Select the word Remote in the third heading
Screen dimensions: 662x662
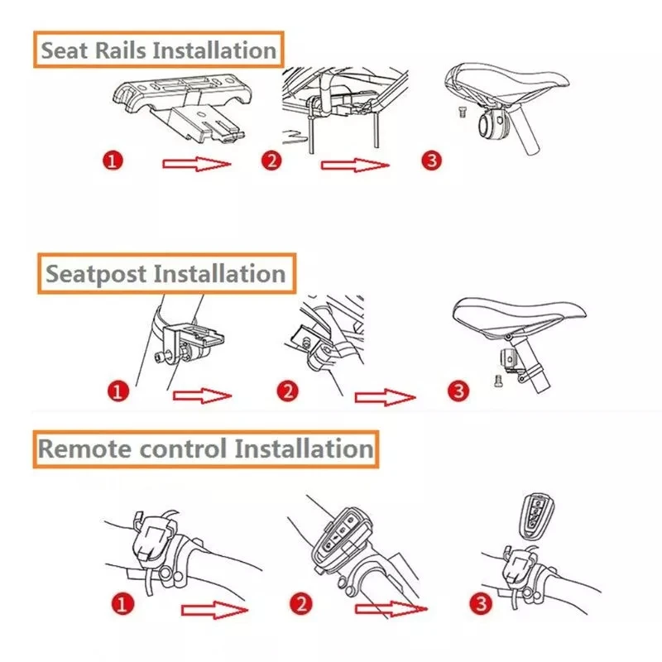click(86, 449)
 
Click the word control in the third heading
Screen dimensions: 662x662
click(189, 449)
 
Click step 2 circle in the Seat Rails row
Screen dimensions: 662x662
click(271, 160)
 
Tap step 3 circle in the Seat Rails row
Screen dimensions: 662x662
click(429, 160)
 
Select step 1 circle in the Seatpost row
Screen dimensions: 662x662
click(120, 391)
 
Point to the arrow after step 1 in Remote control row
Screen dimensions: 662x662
click(214, 612)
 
